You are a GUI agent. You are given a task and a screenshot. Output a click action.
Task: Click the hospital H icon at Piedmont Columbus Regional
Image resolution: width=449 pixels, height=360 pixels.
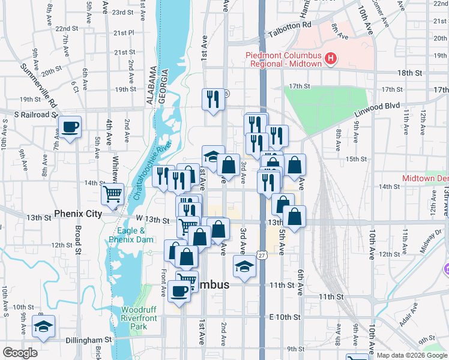(330, 59)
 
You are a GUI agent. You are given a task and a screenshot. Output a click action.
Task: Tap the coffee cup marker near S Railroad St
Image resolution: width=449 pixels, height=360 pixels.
(70, 127)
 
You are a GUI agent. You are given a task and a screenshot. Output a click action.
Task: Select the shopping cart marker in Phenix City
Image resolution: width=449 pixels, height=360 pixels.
(112, 194)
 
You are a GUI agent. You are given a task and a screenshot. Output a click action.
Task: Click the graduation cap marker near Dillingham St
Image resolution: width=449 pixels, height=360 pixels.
(43, 326)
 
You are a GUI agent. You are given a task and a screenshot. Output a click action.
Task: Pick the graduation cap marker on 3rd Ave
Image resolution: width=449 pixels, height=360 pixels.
(244, 266)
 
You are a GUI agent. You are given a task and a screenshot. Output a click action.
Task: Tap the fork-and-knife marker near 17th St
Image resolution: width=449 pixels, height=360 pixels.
(212, 99)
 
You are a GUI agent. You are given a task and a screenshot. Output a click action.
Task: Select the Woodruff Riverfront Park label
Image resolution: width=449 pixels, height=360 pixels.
(139, 317)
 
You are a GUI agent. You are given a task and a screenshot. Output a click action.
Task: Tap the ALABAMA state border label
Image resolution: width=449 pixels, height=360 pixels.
(151, 86)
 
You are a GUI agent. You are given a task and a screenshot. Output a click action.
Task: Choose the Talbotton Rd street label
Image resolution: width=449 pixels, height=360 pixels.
(291, 25)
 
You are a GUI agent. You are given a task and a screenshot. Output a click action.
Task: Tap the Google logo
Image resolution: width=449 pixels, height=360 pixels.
(20, 353)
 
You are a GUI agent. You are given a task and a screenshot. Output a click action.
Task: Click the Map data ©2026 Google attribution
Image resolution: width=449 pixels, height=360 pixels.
(411, 355)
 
